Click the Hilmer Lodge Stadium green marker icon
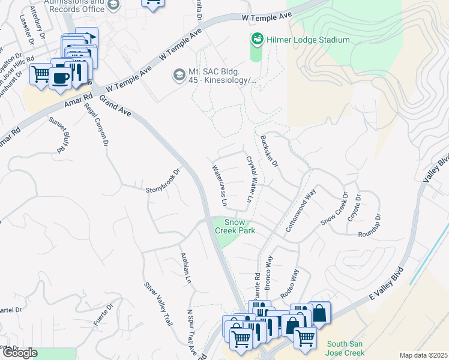pyautogui.click(x=257, y=39)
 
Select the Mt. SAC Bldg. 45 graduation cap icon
pyautogui.click(x=178, y=75)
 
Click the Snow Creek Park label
pyautogui.click(x=235, y=226)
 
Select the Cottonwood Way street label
pyautogui.click(x=301, y=212)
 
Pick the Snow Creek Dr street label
pyautogui.click(x=334, y=209)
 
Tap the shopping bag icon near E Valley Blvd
pyautogui.click(x=319, y=313)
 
